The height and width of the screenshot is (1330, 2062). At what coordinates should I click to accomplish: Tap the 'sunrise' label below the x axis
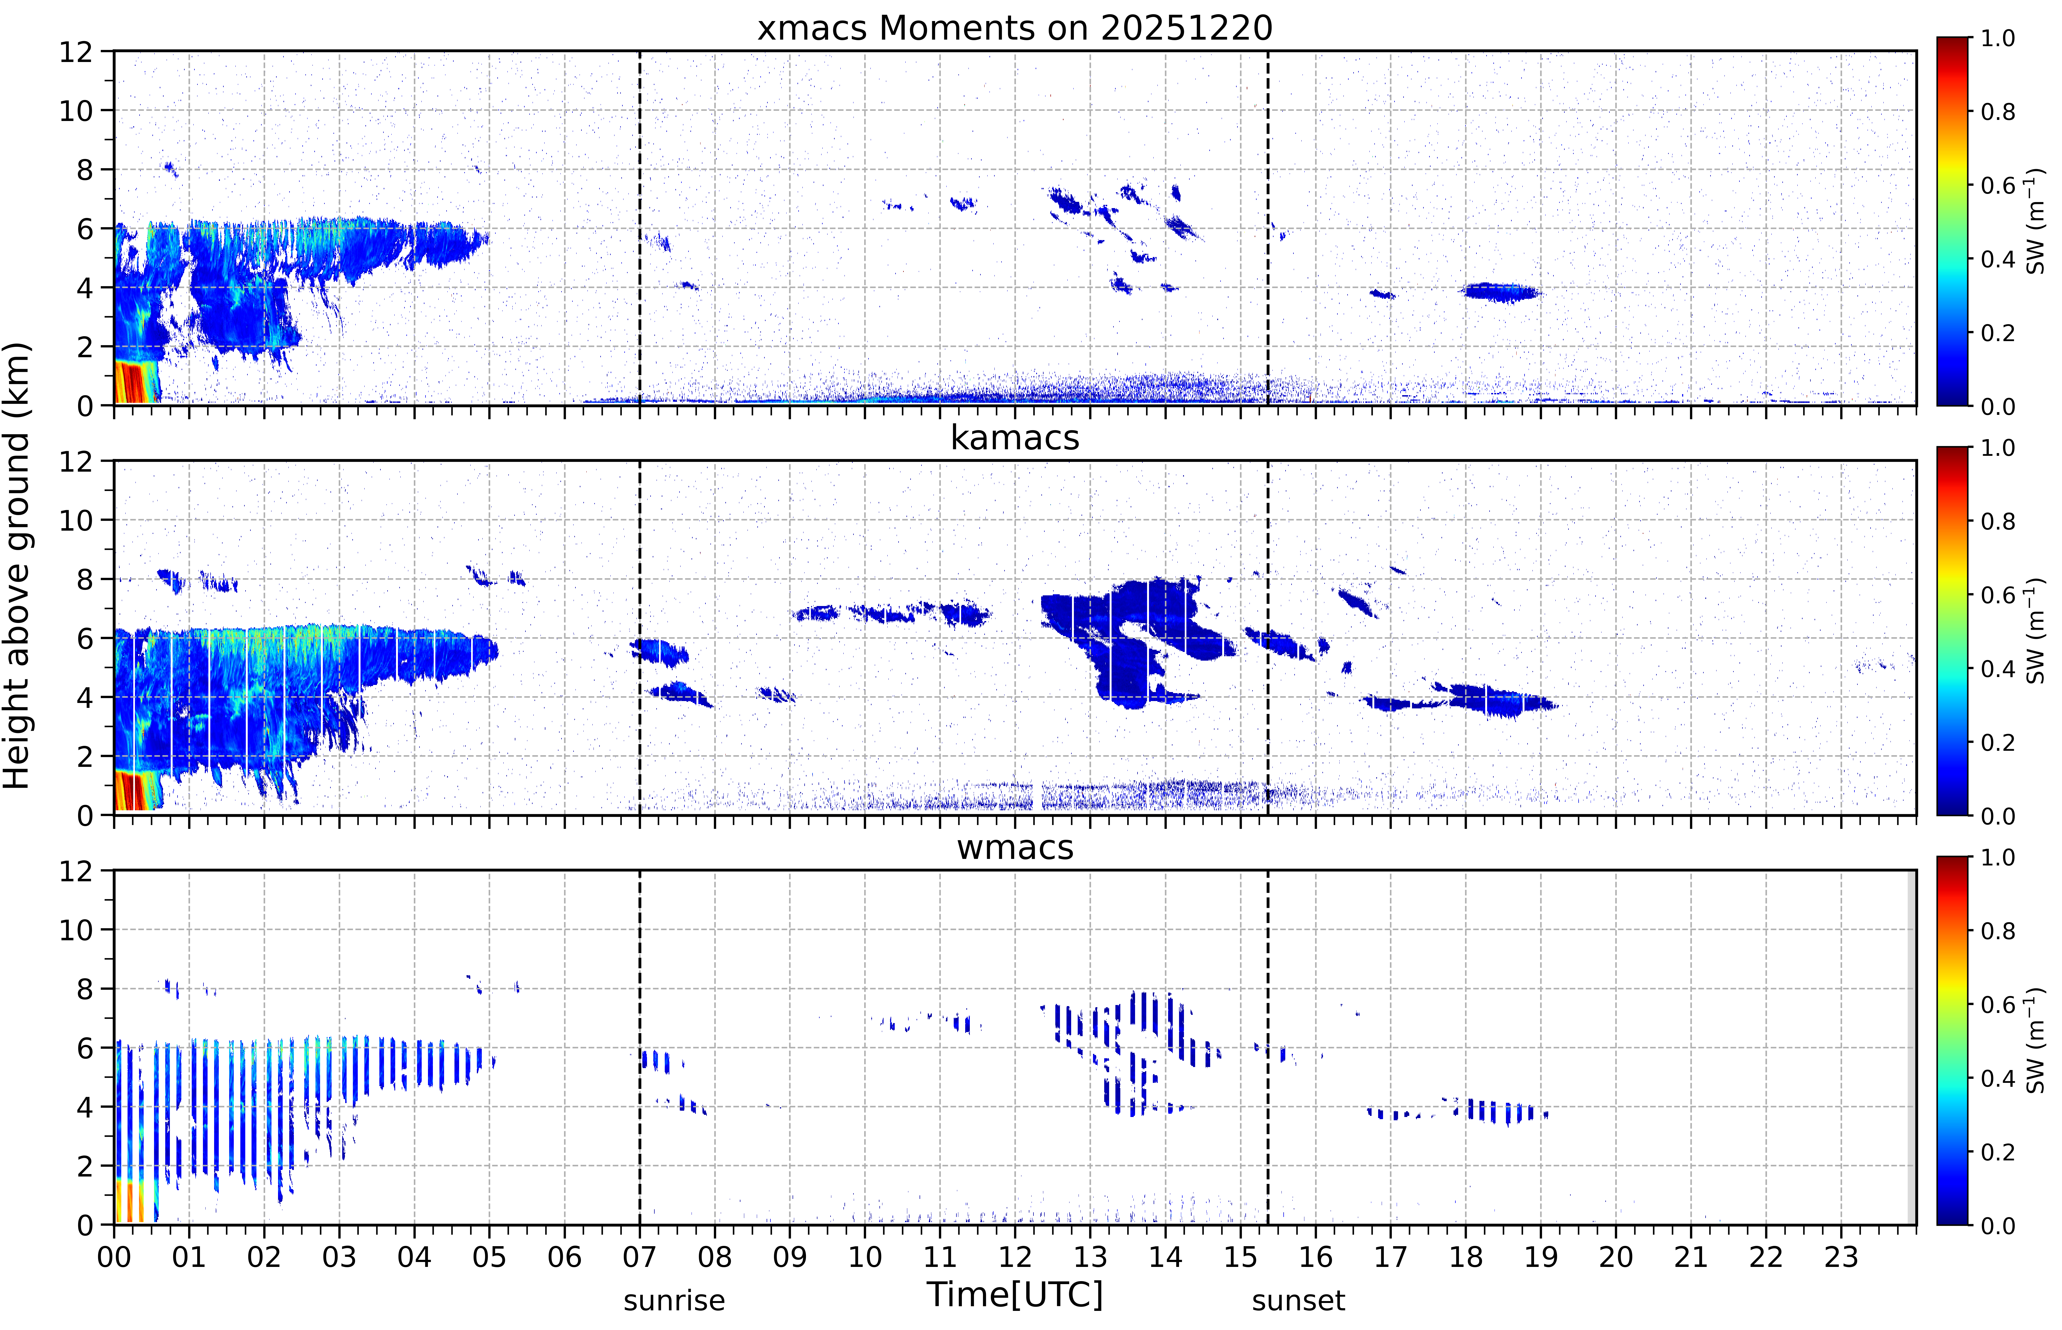coord(674,1300)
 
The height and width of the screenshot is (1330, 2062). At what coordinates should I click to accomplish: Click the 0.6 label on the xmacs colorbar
coord(1998,186)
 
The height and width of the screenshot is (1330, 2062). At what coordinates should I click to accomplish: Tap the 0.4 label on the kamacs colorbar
coord(1998,669)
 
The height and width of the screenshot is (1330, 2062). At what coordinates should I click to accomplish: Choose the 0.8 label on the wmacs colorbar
coord(1998,931)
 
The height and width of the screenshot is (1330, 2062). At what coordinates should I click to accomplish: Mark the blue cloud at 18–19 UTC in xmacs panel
coord(1501,292)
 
